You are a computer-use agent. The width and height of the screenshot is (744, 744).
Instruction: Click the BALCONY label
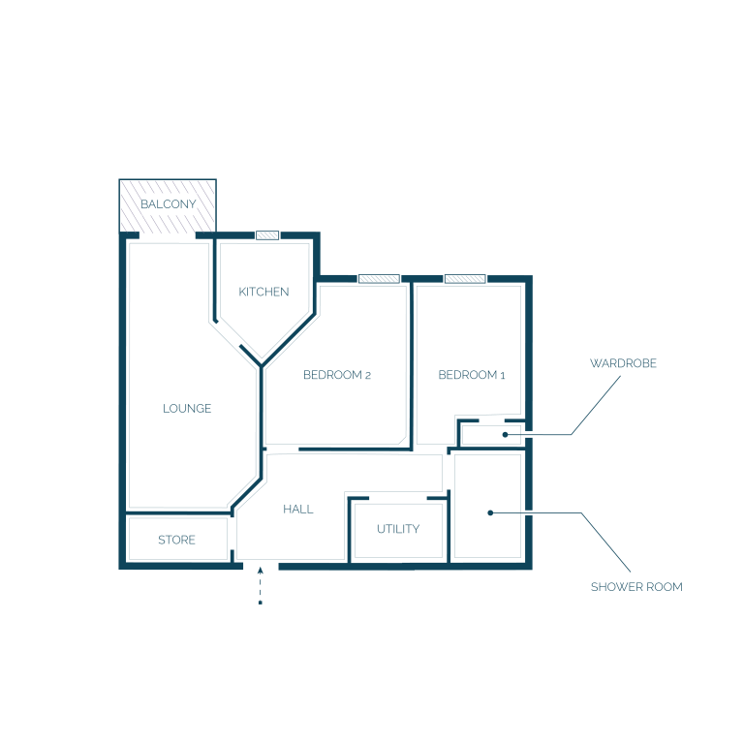tap(169, 204)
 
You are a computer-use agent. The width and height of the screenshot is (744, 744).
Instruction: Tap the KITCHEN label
tap(263, 292)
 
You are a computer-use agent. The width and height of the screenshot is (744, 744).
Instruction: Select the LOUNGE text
tap(187, 409)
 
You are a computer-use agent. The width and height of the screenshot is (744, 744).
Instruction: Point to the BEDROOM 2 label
tap(337, 375)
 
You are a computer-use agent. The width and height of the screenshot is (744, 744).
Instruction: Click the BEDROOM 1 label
tap(472, 375)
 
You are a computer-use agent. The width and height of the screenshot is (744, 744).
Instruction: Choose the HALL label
tap(298, 510)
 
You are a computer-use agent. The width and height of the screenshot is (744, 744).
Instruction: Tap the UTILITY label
tap(398, 529)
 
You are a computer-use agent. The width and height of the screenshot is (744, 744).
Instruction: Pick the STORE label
tap(176, 540)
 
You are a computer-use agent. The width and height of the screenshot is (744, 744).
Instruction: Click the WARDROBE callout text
tap(623, 363)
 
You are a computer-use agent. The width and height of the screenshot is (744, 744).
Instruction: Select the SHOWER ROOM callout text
tap(636, 587)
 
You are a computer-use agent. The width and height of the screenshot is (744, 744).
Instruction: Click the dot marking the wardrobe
tap(506, 435)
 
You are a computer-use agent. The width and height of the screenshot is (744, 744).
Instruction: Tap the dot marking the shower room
tap(490, 512)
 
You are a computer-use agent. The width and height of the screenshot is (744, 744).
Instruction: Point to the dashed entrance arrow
tap(260, 585)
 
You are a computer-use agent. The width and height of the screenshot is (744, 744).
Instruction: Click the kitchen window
tap(267, 235)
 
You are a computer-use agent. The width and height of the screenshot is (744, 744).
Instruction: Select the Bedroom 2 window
tap(379, 279)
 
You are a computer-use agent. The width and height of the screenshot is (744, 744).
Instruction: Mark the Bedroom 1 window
tap(465, 279)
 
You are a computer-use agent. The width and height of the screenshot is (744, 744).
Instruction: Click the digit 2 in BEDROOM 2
tap(368, 376)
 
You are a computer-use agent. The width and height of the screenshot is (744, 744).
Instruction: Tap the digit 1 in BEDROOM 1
tap(503, 376)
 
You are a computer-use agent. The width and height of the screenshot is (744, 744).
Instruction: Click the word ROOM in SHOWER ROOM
tap(665, 587)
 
